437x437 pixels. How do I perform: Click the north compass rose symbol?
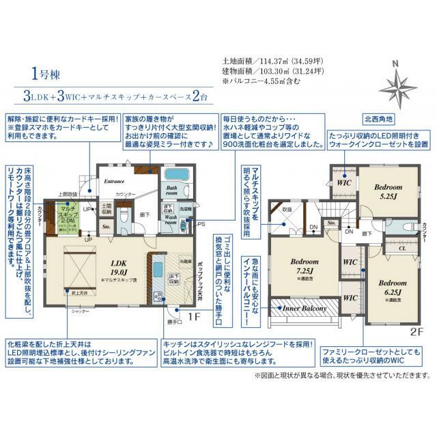point(395,83)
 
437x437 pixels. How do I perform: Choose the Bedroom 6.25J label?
point(393,288)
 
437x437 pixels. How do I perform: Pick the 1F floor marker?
point(193,317)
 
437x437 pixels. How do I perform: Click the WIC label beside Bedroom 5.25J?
point(344,183)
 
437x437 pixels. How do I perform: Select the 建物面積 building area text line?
point(268,71)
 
